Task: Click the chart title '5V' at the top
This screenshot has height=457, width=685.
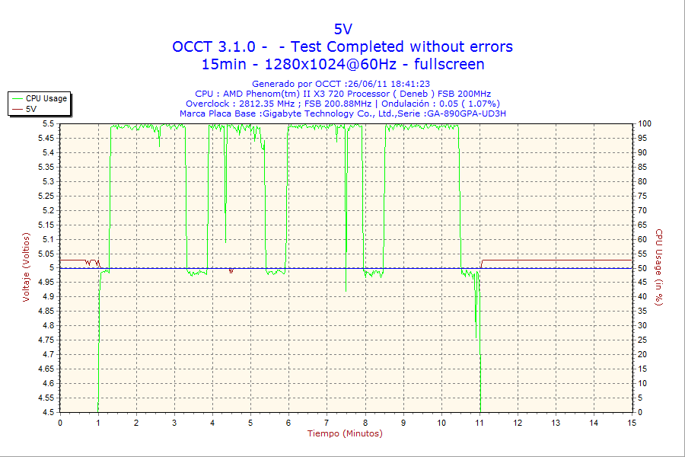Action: pyautogui.click(x=342, y=29)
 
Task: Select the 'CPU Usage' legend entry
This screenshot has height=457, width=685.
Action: pyautogui.click(x=46, y=98)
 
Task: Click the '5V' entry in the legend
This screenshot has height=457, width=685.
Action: pyautogui.click(x=31, y=109)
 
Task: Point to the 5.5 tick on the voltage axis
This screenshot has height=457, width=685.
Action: pyautogui.click(x=48, y=123)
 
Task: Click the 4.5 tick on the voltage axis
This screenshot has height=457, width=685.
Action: pyautogui.click(x=48, y=413)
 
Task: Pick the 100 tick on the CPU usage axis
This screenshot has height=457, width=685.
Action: pyautogui.click(x=644, y=123)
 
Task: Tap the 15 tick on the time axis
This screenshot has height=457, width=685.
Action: pyautogui.click(x=632, y=422)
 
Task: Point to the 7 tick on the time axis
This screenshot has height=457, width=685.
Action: pyautogui.click(x=327, y=422)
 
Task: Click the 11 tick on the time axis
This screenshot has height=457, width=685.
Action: pyautogui.click(x=479, y=422)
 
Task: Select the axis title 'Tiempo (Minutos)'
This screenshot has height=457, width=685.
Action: pyautogui.click(x=345, y=433)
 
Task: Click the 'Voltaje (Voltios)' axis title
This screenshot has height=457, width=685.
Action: pyautogui.click(x=27, y=267)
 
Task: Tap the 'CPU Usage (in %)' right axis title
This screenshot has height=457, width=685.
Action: pyautogui.click(x=659, y=267)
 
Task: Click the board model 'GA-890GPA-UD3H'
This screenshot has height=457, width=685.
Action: pyautogui.click(x=467, y=113)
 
